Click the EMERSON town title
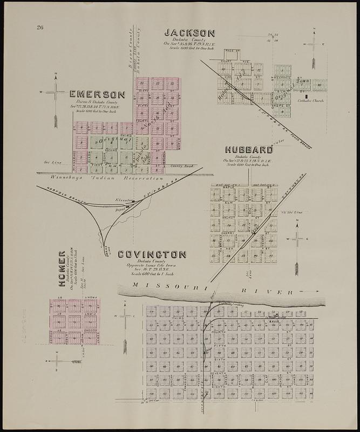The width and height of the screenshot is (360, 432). pos(97,94)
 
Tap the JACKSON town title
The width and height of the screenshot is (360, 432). pos(189,33)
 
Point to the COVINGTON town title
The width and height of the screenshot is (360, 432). pos(152,254)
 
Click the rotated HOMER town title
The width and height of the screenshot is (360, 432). pos(62,268)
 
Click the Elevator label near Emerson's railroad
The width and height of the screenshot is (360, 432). pos(123,200)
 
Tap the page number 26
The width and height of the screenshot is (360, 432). pos(40,28)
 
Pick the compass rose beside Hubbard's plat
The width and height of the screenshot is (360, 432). pos(298,239)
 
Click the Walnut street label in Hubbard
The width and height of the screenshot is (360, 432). pos(228,218)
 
